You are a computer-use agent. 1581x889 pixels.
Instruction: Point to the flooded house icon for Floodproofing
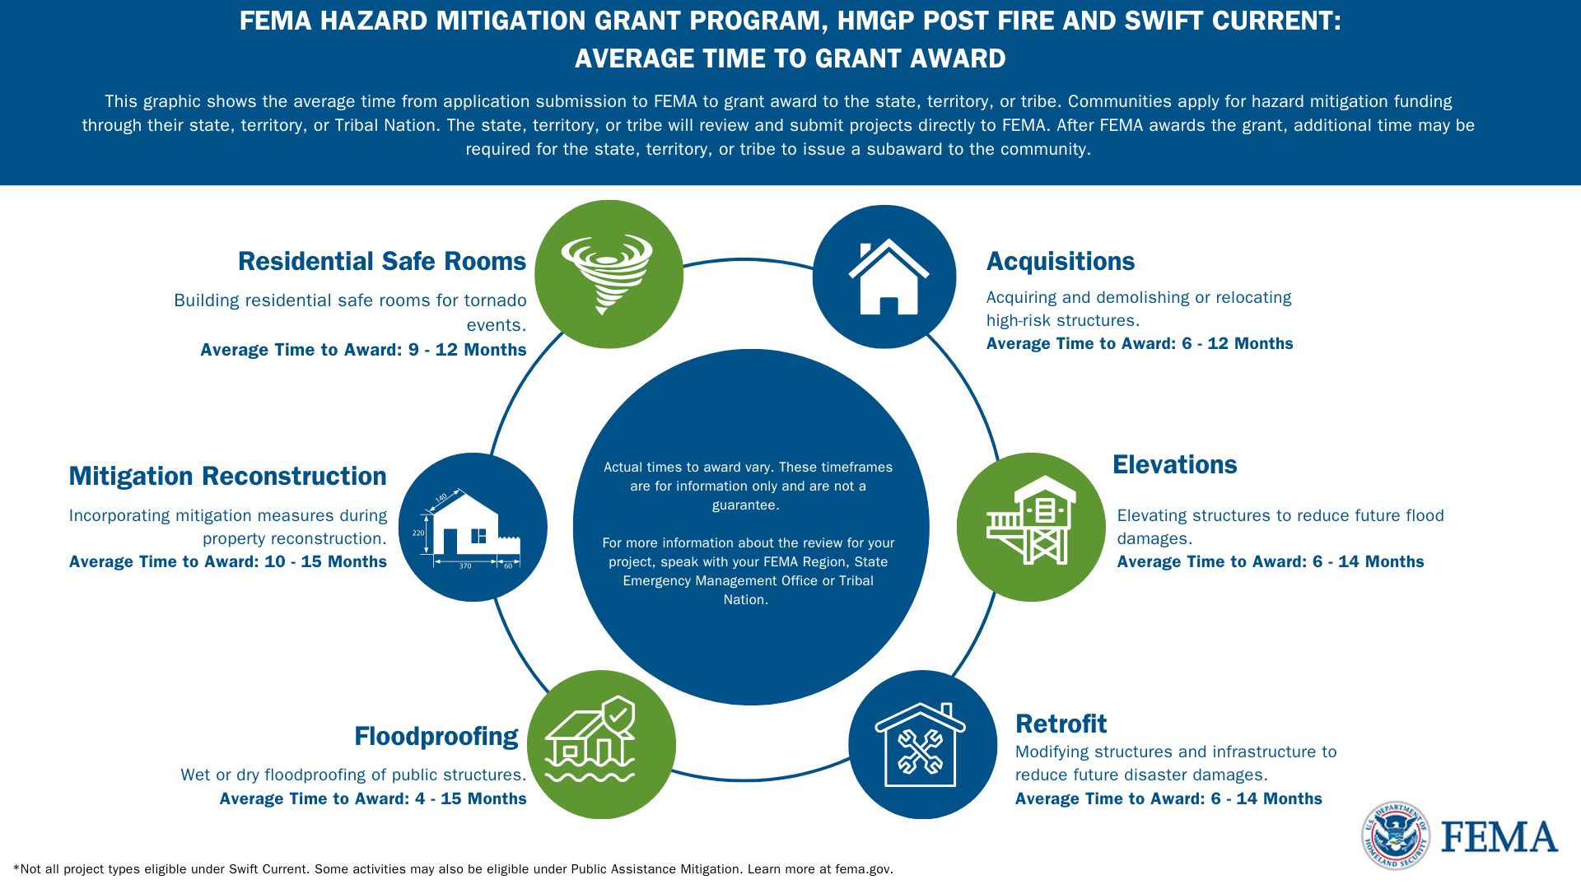(590, 739)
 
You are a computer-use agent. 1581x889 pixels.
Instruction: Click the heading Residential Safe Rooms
(382, 261)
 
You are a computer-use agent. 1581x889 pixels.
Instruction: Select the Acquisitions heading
(1061, 262)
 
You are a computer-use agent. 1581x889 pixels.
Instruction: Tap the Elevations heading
(1174, 464)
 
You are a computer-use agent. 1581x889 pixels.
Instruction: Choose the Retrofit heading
(1061, 724)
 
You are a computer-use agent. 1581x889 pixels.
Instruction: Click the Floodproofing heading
(436, 737)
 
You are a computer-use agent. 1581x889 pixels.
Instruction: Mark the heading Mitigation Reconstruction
(227, 476)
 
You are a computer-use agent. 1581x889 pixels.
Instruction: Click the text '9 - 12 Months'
(468, 350)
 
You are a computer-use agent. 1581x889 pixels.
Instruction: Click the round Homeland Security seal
(1395, 835)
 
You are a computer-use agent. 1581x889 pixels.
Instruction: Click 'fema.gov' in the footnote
(863, 869)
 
